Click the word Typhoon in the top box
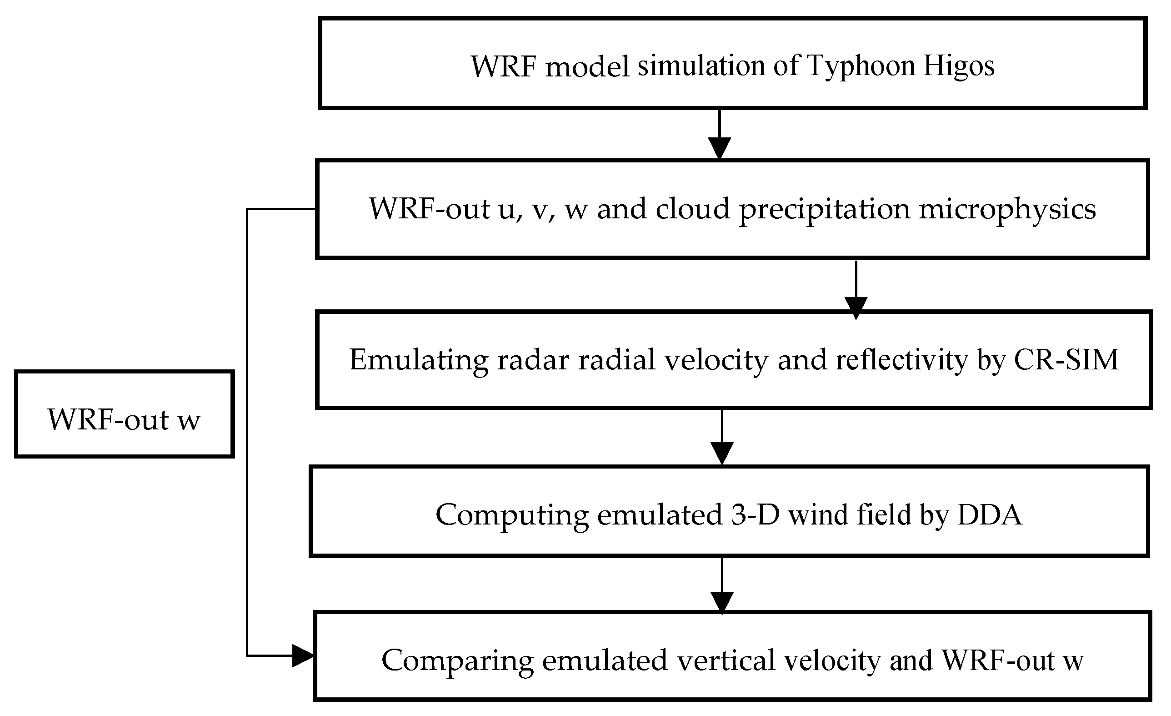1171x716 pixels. pos(861,66)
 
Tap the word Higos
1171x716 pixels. pos(959,66)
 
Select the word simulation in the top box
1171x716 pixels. pos(701,65)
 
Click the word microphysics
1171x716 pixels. pos(1007,209)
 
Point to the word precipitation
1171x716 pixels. pos(824,209)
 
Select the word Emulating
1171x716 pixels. pos(419,360)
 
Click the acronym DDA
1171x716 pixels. pos(990,515)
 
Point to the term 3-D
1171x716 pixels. pos(755,515)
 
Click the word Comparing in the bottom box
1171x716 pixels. pos(458,661)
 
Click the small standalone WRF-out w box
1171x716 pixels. pos(124,414)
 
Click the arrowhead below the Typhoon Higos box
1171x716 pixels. pos(719,148)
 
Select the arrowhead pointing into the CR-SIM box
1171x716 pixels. pos(856,307)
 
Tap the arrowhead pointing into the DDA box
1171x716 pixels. pos(722,453)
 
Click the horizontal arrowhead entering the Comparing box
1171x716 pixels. pos(302,656)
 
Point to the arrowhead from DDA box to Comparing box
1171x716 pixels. pos(722,602)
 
